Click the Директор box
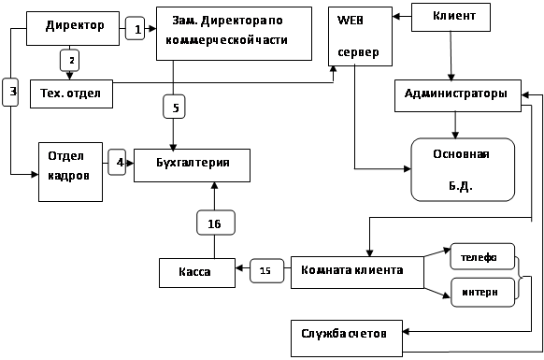73,28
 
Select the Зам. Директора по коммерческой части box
234,34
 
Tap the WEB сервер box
360,36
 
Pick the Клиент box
451,18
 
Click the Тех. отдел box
71,94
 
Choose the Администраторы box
458,95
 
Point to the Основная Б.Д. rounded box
463,170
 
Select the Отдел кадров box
70,172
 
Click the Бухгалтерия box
192,166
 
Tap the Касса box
197,273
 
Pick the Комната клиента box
357,272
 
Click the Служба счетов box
347,338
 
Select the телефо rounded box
482,256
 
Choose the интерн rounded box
482,292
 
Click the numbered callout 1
135,28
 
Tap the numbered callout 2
70,61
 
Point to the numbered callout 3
10,92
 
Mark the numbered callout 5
174,107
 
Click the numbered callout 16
216,223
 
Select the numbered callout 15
266,270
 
